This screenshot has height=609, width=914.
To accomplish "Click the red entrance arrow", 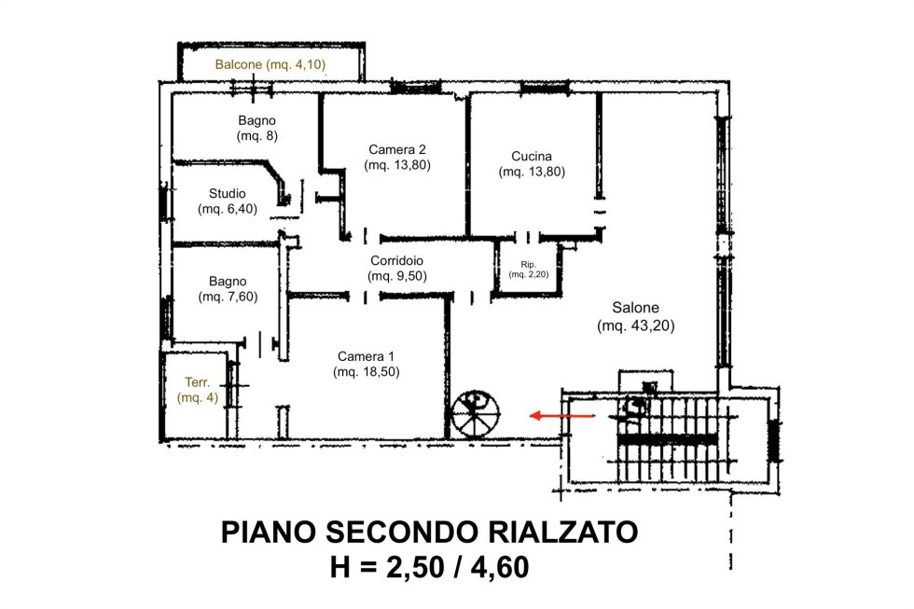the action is (x=562, y=416).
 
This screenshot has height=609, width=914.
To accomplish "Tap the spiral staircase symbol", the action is (x=476, y=414).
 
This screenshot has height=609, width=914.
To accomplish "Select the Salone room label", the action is (x=635, y=307).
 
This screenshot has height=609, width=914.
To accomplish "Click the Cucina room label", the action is (x=532, y=156).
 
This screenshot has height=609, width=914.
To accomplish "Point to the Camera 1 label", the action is (x=366, y=356).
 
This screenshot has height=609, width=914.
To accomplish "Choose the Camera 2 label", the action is (x=397, y=150).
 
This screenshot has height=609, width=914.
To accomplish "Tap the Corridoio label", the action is (x=397, y=260).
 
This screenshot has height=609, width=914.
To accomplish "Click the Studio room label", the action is (x=228, y=193).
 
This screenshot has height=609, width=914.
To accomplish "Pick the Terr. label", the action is (x=198, y=382).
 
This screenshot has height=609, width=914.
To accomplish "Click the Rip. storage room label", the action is (x=528, y=265).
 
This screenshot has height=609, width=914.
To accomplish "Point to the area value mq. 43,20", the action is (x=636, y=325).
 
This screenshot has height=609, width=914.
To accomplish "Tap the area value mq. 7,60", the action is (x=228, y=297).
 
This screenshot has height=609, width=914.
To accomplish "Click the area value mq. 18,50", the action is (x=367, y=372).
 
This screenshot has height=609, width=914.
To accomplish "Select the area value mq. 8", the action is (x=257, y=136).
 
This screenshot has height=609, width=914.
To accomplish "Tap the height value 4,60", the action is (x=500, y=567).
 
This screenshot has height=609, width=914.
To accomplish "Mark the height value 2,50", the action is (x=416, y=567).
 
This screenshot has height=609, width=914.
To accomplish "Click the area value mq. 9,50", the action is (x=397, y=276).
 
